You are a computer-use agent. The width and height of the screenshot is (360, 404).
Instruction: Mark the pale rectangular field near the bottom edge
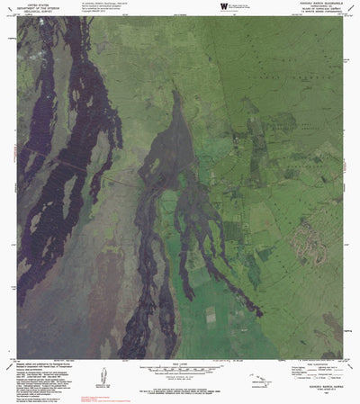[213, 315]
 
